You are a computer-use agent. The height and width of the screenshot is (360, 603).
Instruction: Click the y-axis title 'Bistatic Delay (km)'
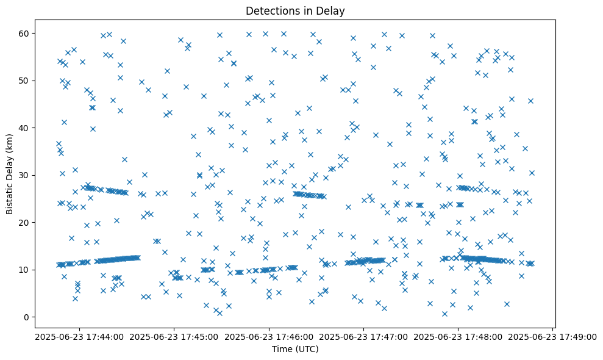coord(10,175)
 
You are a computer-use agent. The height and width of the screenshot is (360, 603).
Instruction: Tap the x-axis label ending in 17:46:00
coord(268,336)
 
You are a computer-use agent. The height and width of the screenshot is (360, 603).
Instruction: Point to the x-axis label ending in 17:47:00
coord(363,336)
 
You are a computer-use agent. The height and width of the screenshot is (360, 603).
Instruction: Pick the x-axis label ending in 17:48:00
coord(458,336)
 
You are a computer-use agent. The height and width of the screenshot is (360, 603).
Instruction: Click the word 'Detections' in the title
coord(271,10)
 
